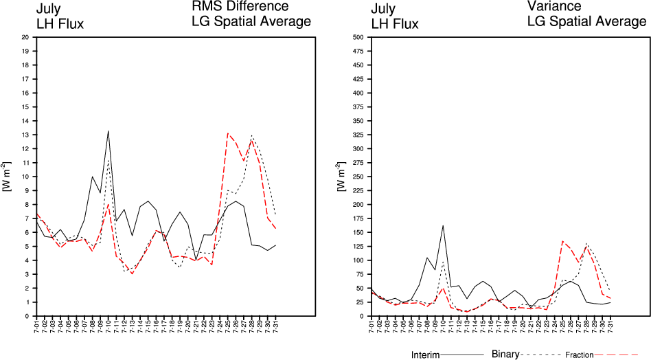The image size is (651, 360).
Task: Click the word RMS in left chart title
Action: pos(205,7)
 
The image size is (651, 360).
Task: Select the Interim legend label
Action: pos(425,355)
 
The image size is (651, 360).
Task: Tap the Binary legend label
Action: pos(506,355)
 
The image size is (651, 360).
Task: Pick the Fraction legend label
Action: pos(579,355)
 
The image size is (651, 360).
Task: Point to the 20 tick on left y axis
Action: pos(25,37)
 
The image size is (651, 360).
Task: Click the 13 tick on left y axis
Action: pos(25,135)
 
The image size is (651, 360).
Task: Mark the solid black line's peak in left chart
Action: pos(108,131)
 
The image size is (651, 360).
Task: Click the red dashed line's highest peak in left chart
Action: pos(227,133)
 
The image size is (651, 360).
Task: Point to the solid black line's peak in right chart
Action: pos(443,225)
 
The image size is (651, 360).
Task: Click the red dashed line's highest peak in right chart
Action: pos(562,241)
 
